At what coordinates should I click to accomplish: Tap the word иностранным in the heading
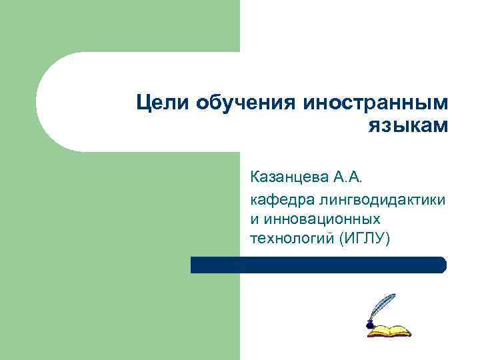click(x=375, y=104)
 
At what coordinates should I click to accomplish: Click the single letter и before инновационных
click(x=254, y=219)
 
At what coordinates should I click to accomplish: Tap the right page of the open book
click(x=399, y=329)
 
